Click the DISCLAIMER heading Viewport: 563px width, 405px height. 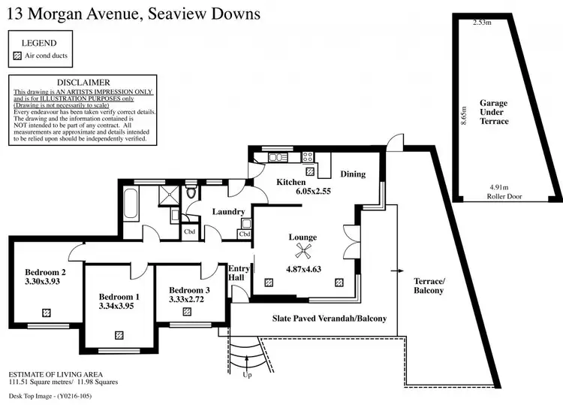(83, 82)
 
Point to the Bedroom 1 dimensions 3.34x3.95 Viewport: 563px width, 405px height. (116, 306)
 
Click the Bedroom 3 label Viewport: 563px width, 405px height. (189, 290)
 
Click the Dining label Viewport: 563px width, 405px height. (353, 174)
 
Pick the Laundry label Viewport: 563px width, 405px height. (227, 212)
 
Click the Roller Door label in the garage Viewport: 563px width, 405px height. (504, 197)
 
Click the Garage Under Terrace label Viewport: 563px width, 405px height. (494, 111)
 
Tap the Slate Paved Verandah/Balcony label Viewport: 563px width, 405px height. (329, 319)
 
